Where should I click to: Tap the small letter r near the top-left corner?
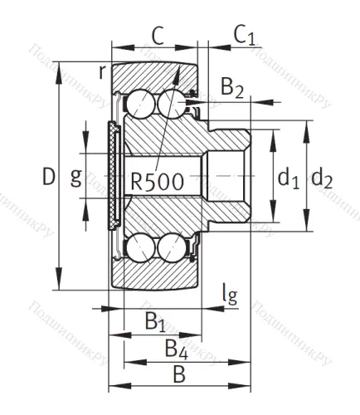click(101, 72)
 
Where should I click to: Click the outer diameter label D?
click(48, 177)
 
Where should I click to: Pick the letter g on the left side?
click(75, 178)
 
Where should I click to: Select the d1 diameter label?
click(287, 178)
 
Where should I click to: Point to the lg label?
click(230, 295)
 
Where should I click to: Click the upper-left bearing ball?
click(138, 105)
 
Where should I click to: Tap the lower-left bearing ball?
click(138, 248)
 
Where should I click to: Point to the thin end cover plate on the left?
click(112, 177)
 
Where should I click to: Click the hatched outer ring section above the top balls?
click(153, 76)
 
